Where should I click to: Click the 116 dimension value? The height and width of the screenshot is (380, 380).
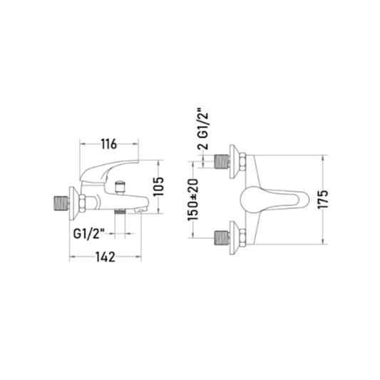coord(109,145)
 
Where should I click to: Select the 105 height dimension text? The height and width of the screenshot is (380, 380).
coord(159,187)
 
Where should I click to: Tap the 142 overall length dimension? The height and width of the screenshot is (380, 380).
coord(106,257)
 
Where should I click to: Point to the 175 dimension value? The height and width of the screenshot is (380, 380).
coord(322,199)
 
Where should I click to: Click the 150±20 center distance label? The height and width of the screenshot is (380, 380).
coord(193,200)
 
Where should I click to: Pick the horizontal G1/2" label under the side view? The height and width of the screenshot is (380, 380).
coord(88,234)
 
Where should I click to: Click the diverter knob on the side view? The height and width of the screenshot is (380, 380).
coord(120,188)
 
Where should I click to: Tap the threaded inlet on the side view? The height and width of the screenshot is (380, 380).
coord(61,202)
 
